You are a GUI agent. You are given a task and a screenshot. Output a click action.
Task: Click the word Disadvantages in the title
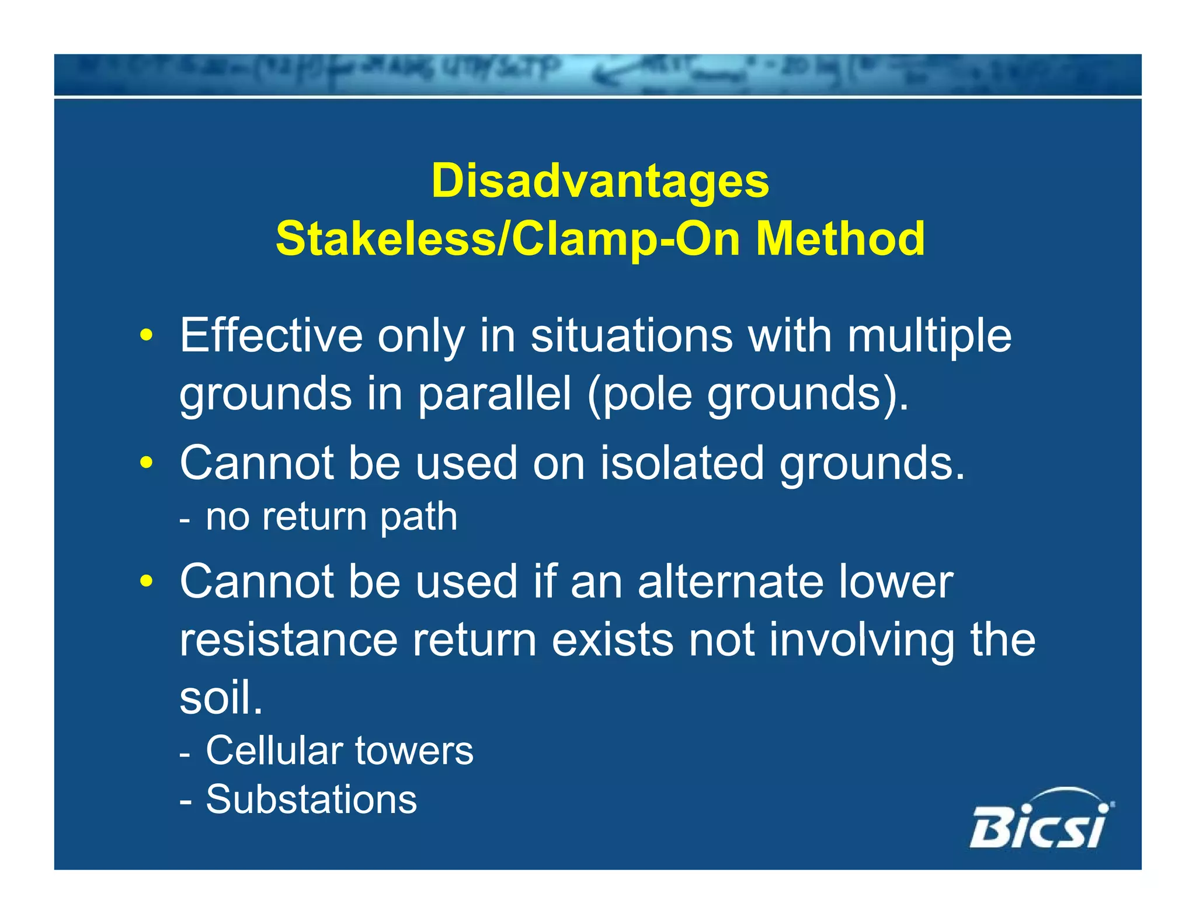coord(600,180)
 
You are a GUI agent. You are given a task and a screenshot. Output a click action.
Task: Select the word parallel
coord(494,394)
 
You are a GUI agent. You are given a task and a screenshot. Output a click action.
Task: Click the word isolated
coord(682,463)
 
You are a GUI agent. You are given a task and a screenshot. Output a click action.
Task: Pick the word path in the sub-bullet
coord(418,518)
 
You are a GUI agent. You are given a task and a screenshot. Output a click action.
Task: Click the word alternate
coord(731,582)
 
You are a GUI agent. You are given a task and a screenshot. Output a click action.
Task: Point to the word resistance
coord(288,640)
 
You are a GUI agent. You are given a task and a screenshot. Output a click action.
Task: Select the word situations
coord(631,336)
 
